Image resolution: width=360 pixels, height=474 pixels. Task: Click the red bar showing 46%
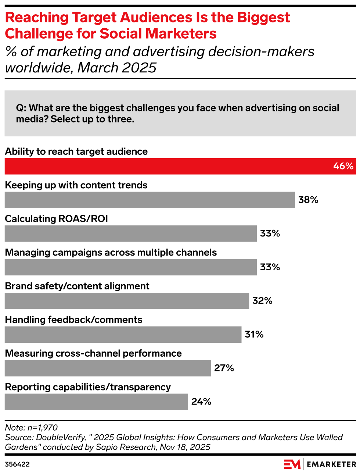[180, 166]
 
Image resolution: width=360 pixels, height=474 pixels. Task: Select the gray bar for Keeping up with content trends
[150, 200]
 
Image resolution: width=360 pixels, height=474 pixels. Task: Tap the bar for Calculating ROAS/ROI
[130, 234]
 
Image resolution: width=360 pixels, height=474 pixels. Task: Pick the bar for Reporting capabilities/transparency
[96, 402]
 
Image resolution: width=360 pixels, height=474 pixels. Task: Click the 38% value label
[308, 200]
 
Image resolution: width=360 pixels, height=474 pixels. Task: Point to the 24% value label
[201, 402]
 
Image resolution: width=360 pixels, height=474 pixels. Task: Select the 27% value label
[224, 368]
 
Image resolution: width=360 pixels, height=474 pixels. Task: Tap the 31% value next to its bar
[254, 335]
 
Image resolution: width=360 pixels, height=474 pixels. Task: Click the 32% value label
[262, 301]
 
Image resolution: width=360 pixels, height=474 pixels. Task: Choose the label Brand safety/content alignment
[77, 286]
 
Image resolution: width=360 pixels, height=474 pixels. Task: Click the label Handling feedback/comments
[73, 320]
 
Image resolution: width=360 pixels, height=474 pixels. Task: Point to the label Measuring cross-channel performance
[93, 353]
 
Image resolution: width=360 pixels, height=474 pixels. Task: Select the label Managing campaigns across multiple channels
[111, 253]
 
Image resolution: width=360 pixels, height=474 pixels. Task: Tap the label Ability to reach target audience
[76, 152]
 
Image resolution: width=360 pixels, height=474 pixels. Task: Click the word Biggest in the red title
[263, 18]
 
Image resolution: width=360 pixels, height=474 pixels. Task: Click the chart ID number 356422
[17, 464]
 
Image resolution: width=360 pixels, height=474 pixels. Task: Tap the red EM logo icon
[292, 464]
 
